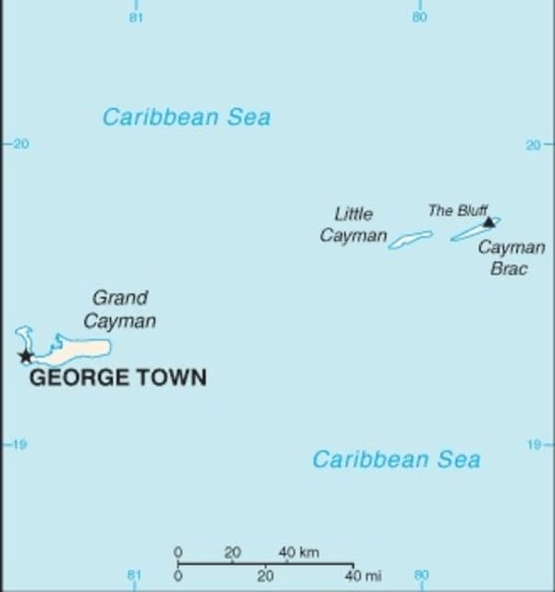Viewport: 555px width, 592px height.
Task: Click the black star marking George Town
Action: (x=26, y=356)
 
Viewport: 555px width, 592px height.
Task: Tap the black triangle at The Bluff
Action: (x=488, y=222)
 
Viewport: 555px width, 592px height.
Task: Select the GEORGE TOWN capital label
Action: (x=117, y=377)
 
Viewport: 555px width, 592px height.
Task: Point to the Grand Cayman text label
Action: (x=120, y=309)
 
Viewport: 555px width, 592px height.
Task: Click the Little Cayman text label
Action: (x=353, y=225)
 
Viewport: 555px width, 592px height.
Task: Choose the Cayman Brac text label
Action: (x=510, y=258)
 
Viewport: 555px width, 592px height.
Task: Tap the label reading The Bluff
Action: (x=458, y=210)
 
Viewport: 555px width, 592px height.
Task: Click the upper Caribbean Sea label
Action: (x=186, y=117)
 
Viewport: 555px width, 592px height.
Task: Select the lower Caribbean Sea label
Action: (x=396, y=460)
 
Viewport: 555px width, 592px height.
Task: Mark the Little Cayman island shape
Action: (x=410, y=240)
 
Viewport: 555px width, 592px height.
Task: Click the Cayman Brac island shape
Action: (x=475, y=230)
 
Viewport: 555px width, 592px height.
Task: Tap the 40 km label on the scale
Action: (x=299, y=552)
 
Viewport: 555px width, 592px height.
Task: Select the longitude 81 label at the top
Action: (x=136, y=18)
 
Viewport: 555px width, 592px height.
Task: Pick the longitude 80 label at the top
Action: (x=419, y=18)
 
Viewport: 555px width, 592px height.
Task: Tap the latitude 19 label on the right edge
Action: (x=535, y=445)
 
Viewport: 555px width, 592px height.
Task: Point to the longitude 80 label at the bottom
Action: (x=421, y=575)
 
